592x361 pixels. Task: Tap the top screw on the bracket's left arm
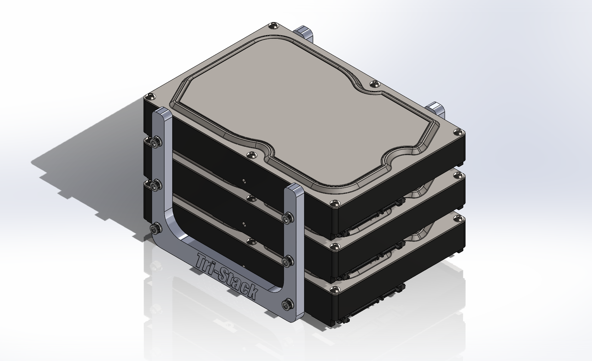[155, 143]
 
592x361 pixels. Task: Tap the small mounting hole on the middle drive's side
[243, 181]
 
